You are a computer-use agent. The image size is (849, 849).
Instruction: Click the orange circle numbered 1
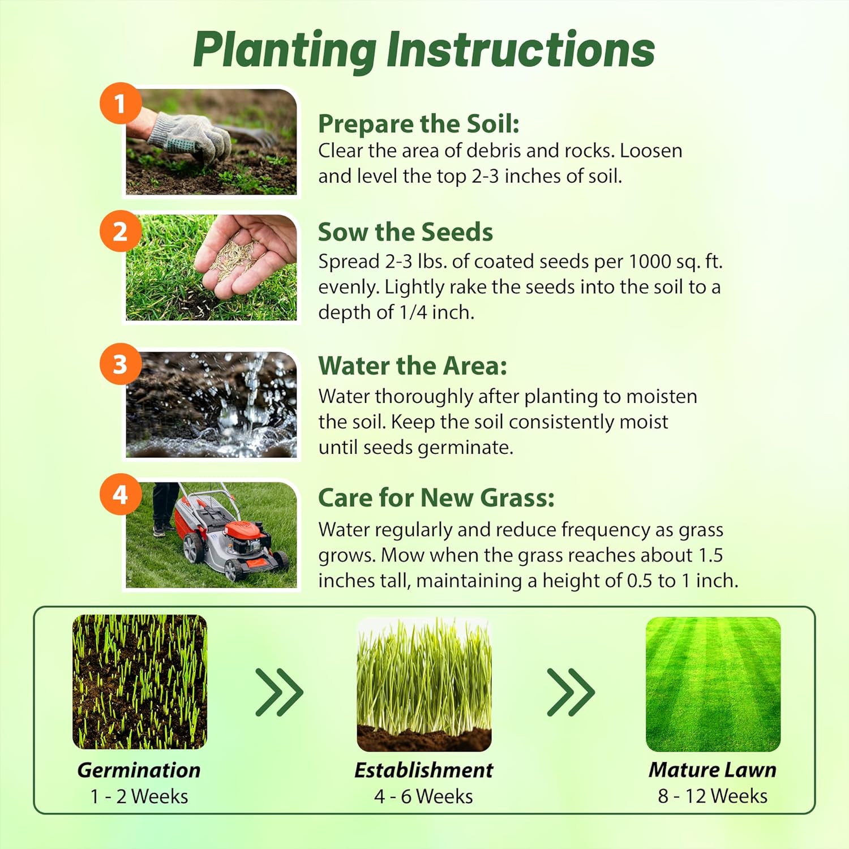120,104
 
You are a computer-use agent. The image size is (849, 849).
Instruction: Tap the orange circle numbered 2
120,231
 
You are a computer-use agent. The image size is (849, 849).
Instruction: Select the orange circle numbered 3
120,364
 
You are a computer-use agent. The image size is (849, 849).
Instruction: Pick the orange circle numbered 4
120,495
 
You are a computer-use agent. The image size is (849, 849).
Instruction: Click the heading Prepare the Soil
418,124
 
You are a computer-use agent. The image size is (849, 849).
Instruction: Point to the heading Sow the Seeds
405,232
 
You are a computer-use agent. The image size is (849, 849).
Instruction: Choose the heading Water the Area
413,366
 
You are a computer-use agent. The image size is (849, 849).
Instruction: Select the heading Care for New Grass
436,498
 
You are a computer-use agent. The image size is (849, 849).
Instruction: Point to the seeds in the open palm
232,258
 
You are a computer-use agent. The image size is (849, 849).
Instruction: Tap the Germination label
139,770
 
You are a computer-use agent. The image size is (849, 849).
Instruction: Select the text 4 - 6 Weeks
423,796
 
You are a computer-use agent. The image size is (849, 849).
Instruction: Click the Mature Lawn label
712,770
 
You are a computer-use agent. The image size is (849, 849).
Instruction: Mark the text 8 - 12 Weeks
713,796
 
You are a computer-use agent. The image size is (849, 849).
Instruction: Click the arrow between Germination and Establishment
280,692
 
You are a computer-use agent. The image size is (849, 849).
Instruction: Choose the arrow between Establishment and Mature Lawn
571,692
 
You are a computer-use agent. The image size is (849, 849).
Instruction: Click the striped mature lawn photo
713,684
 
